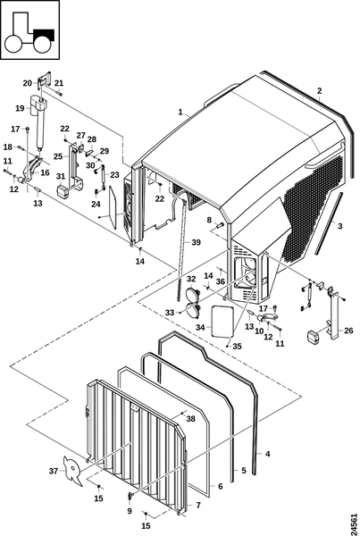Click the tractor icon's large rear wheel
[x=14, y=44]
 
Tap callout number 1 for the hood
[x=180, y=112]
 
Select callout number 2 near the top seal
[x=319, y=91]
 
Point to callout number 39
[x=196, y=242]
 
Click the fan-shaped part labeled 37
[x=73, y=471]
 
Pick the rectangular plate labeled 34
[x=222, y=321]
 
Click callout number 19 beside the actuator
[x=21, y=108]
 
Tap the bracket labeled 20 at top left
[x=46, y=80]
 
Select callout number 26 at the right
[x=348, y=331]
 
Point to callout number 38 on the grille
[x=191, y=418]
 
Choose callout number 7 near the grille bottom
[x=198, y=505]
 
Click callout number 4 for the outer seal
[x=267, y=454]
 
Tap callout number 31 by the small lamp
[x=61, y=176]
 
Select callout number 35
[x=237, y=346]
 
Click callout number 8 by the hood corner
[x=209, y=220]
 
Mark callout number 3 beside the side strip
[x=339, y=226]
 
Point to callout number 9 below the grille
[x=130, y=511]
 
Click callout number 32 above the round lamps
[x=191, y=279]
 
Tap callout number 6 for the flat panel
[x=220, y=486]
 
